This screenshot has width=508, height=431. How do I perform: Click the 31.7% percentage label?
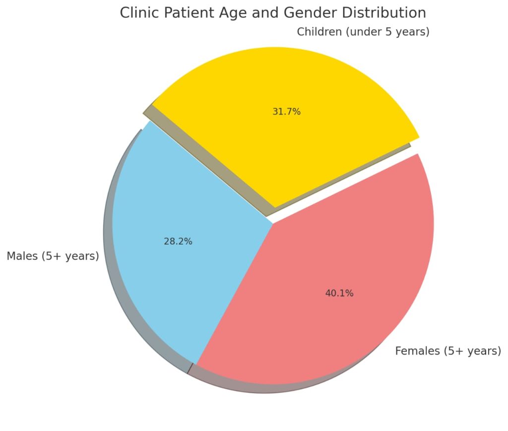click(x=286, y=112)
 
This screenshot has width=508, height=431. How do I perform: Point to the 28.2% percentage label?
click(x=178, y=242)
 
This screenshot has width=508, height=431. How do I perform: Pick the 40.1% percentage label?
click(x=339, y=293)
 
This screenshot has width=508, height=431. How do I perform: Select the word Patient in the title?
click(x=185, y=13)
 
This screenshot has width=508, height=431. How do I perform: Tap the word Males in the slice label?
click(x=22, y=256)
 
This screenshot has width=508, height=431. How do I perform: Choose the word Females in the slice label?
click(x=417, y=351)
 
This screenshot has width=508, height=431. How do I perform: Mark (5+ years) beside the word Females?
click(x=472, y=351)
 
